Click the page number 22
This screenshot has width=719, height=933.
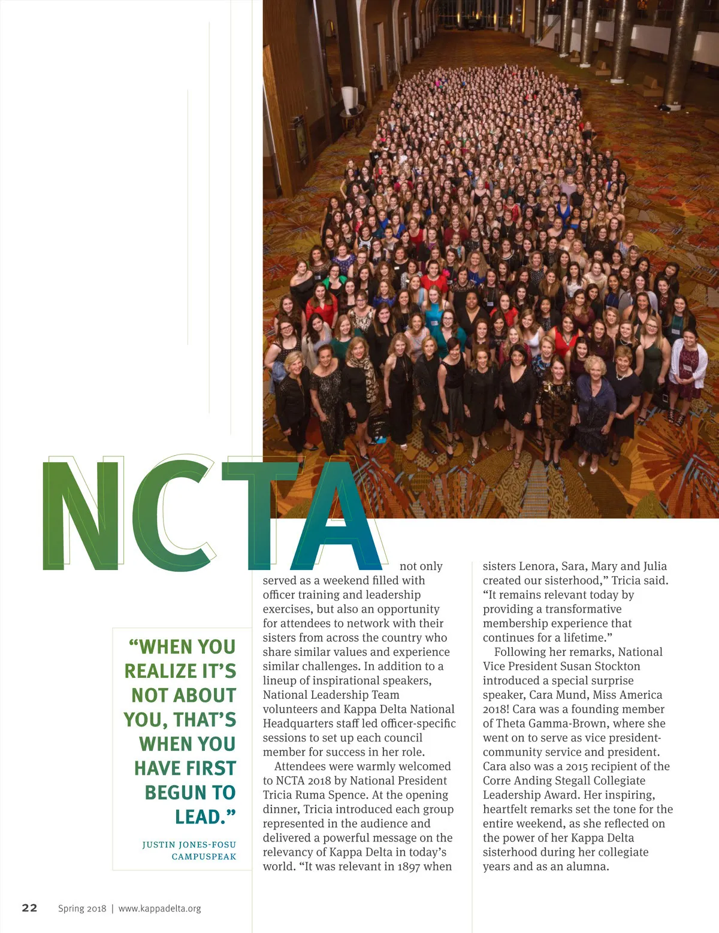tap(29, 908)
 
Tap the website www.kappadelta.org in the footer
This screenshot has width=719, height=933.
tap(159, 908)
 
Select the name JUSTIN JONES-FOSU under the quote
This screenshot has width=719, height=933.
tap(189, 844)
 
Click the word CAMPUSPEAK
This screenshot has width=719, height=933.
tap(204, 856)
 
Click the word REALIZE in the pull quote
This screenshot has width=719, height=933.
tap(160, 671)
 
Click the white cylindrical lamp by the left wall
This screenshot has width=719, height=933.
tap(349, 99)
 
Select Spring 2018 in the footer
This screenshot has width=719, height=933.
tap(82, 908)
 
